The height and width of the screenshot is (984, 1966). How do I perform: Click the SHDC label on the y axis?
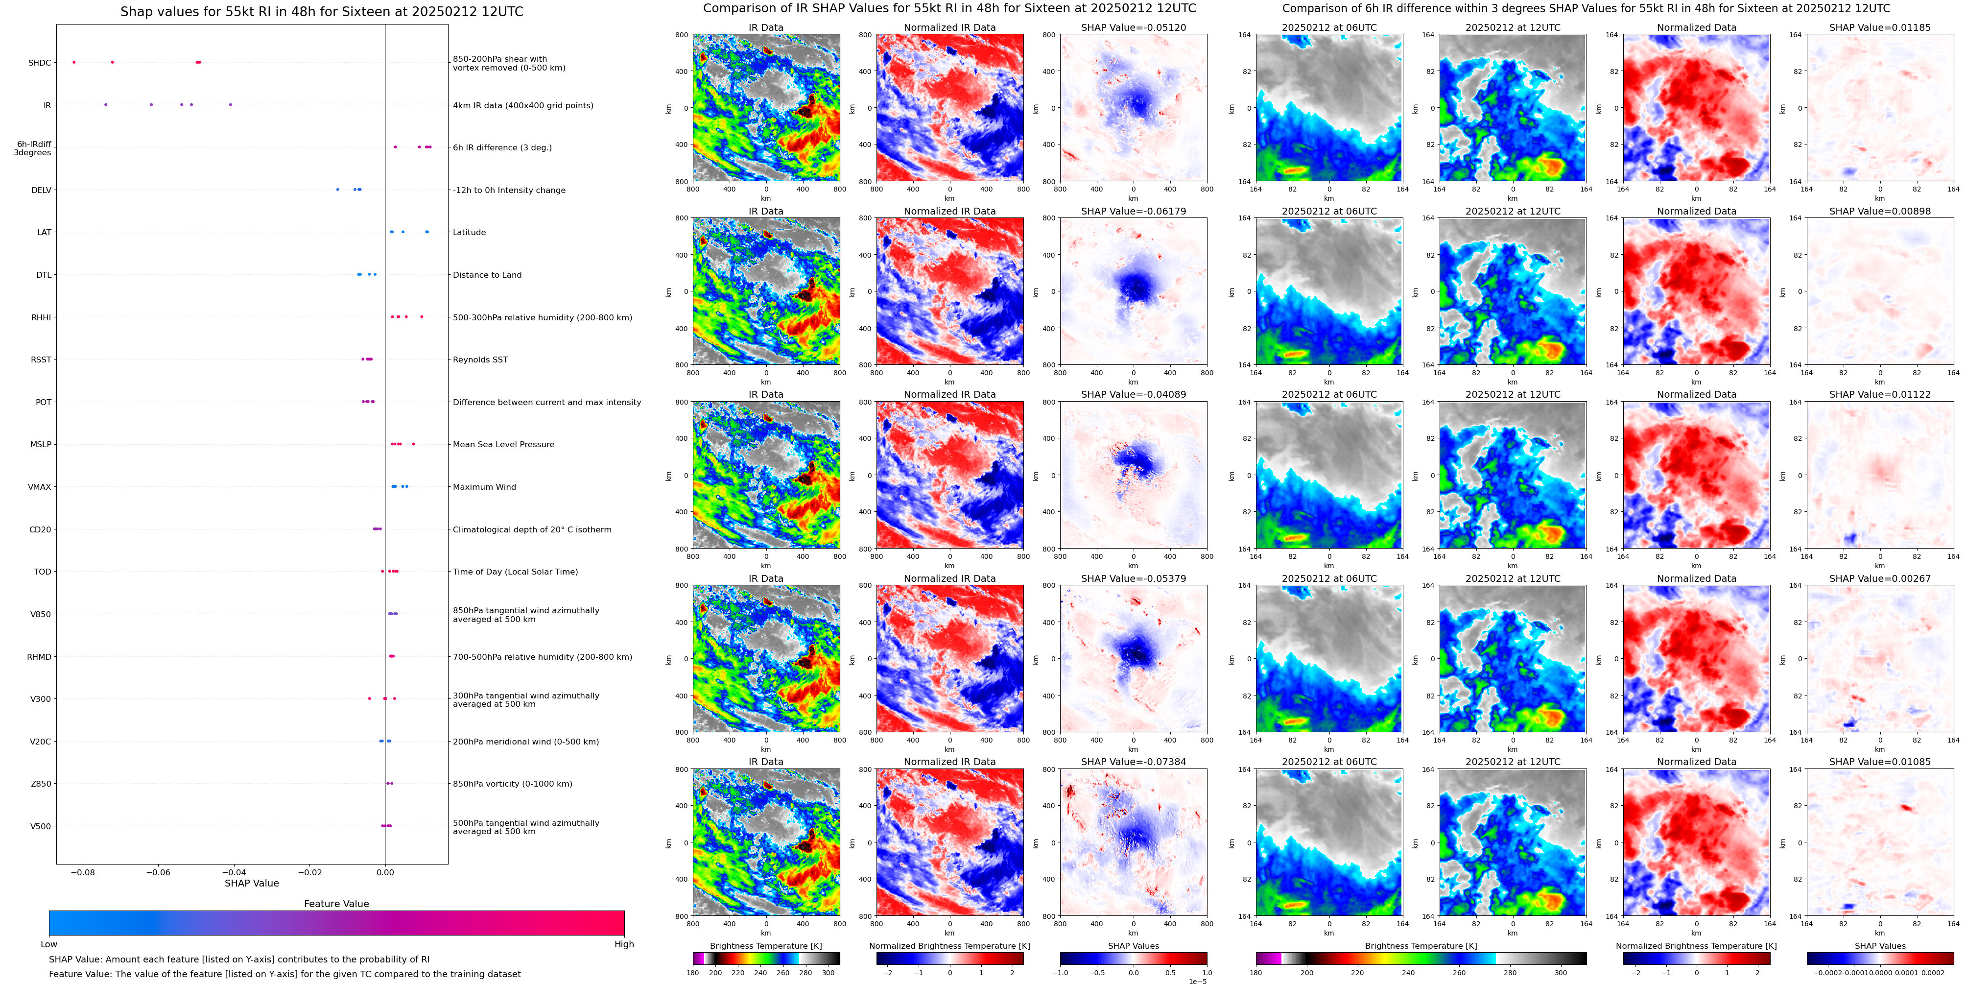coord(40,63)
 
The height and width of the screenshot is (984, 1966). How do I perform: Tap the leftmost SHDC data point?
coord(74,62)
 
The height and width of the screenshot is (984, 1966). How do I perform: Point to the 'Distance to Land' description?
coord(487,275)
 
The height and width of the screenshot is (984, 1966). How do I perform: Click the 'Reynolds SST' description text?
coord(480,360)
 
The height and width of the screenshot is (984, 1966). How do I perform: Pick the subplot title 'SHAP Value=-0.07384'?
coord(1134,762)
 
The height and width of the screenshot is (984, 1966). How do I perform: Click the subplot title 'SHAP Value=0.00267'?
coord(1880,578)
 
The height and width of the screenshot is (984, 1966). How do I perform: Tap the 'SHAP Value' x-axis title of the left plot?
coord(252,883)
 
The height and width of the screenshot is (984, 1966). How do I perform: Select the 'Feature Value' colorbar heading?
coord(336,904)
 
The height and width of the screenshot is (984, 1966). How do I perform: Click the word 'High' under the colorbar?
coord(624,944)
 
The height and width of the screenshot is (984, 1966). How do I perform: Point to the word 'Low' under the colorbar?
coord(49,944)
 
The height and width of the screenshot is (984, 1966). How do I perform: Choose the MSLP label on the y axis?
coord(41,444)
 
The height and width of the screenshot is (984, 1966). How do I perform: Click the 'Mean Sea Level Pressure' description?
coord(504,444)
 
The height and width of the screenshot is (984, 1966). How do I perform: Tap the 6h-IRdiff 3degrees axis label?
coord(34,148)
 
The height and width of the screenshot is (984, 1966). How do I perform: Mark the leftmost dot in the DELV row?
coord(337,190)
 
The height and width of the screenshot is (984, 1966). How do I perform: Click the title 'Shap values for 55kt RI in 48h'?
coord(321,11)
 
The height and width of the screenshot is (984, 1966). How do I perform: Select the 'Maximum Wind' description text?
coord(484,487)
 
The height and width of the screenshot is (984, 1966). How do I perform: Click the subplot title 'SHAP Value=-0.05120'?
coord(1134,27)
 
